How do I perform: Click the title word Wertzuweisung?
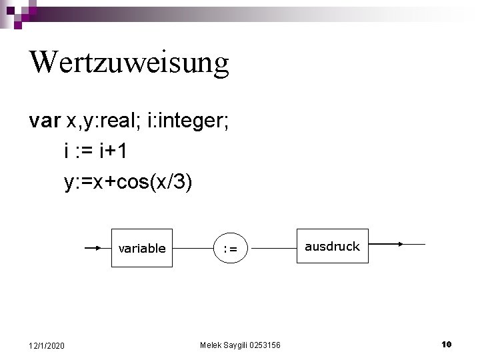pos(129,63)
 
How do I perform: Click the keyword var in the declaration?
pos(45,121)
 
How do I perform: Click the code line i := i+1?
pos(96,151)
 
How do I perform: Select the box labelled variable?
pos(141,248)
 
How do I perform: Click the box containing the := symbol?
pos(230,249)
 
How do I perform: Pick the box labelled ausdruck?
pos(332,246)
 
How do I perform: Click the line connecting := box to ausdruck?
pos(271,249)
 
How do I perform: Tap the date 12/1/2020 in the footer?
pos(47,345)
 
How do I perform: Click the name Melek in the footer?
pos(211,345)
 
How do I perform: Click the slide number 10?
pos(447,344)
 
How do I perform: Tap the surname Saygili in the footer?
pos(236,345)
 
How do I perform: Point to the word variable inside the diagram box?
pos(141,249)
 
